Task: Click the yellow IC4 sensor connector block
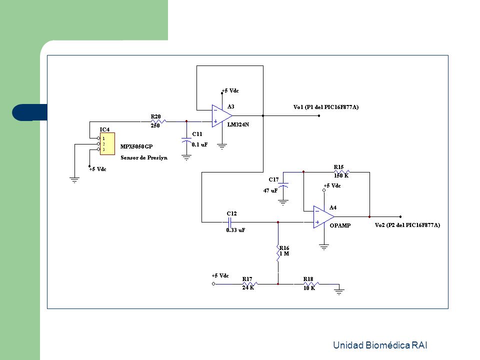[107, 143]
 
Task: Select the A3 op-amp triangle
[221, 116]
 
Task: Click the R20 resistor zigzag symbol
[158, 121]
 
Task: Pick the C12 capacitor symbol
[230, 222]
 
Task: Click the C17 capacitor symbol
[283, 185]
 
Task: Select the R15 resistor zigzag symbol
[341, 172]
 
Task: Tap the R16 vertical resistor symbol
[278, 253]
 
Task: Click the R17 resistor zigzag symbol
[250, 284]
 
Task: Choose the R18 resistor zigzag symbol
[311, 284]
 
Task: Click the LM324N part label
[238, 124]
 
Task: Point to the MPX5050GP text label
[136, 146]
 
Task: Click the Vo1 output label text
[325, 107]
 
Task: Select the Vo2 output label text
[407, 225]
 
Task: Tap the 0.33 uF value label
[235, 230]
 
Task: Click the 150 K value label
[341, 175]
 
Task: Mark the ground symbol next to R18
[339, 291]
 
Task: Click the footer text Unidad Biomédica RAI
[380, 345]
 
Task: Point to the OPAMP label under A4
[340, 225]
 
